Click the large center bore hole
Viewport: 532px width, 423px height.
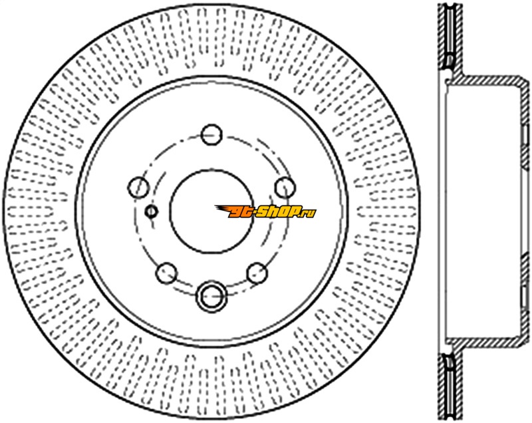tap(211, 211)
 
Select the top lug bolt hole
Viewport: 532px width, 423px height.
tap(211, 134)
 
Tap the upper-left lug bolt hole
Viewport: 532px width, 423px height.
tap(138, 187)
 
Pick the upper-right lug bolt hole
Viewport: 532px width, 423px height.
tap(285, 188)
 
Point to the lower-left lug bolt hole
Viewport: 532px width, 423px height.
tap(167, 273)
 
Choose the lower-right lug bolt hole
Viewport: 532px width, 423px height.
tap(257, 273)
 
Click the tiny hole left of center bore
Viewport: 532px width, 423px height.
tap(152, 211)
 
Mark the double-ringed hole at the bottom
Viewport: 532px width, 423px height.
tap(211, 296)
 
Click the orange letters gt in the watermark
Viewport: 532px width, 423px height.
tap(241, 212)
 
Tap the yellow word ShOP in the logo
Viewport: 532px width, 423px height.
tap(279, 212)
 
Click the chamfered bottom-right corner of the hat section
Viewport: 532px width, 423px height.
tap(525, 342)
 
